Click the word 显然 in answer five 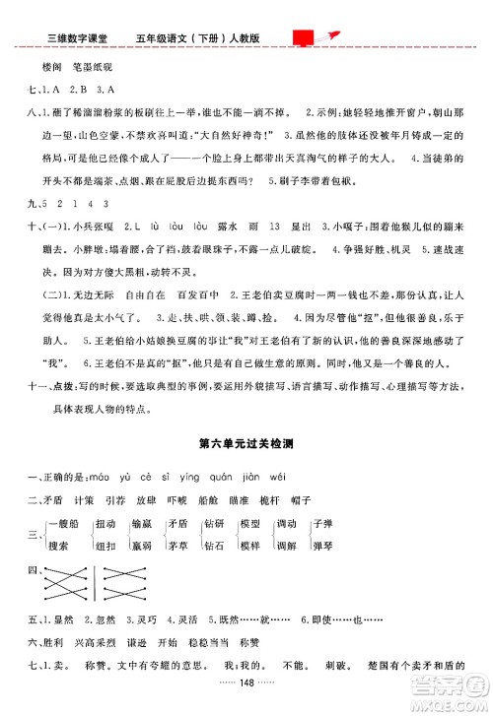tap(64, 621)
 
